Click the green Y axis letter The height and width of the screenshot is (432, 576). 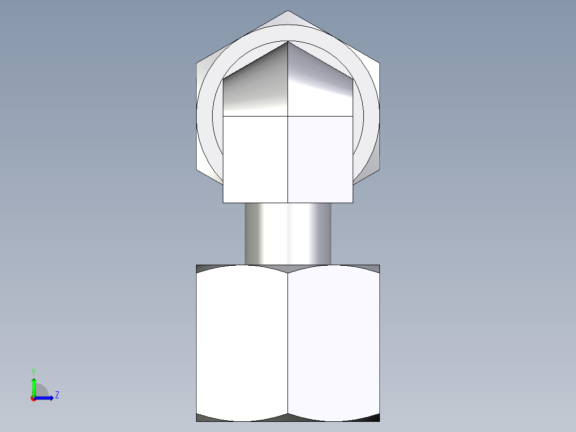coord(33,371)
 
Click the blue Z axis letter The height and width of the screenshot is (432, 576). coord(57,395)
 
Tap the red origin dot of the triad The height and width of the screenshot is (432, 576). coord(33,398)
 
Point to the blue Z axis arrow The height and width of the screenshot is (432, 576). coord(45,397)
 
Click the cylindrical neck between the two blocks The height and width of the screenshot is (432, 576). coord(287,234)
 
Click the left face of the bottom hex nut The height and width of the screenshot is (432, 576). coord(242,342)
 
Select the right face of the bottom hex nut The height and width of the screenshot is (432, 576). coord(333,342)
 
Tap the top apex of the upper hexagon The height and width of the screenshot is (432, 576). coord(288,11)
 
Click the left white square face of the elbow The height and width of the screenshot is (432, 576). coord(255,159)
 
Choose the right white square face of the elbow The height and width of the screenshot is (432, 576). coord(320,159)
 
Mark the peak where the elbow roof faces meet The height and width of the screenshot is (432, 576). coord(288,42)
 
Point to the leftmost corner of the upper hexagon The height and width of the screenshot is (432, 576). coord(197,64)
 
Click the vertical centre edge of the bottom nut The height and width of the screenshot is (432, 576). coord(288,342)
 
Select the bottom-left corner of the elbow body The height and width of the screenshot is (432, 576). coord(223,202)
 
